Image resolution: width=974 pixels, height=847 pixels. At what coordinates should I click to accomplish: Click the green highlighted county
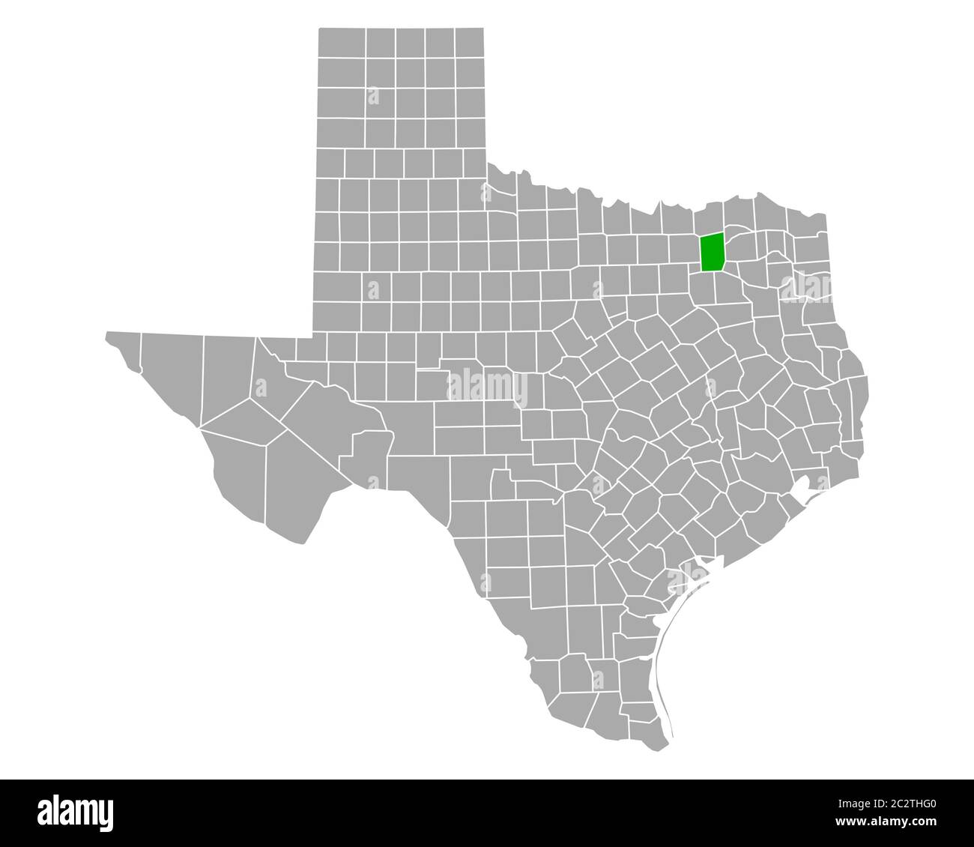[x=713, y=253]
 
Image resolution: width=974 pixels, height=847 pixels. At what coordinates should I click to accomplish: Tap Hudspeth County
[x=172, y=375]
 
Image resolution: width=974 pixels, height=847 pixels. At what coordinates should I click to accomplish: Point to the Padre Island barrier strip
[x=663, y=660]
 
